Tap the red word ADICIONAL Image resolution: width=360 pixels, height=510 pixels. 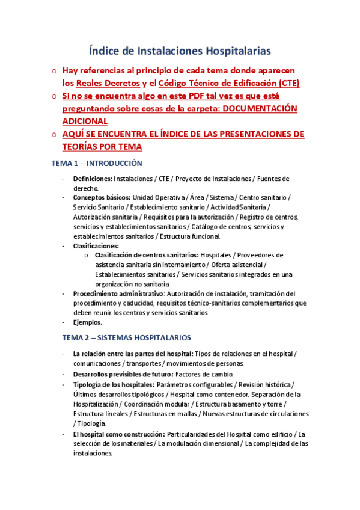click(x=85, y=120)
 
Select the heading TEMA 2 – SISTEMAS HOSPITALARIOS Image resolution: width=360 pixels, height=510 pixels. click(x=129, y=337)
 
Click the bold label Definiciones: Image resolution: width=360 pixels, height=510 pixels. click(x=93, y=179)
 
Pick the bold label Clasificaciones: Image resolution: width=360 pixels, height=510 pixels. click(x=96, y=245)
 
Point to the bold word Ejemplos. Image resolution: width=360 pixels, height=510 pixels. click(x=87, y=322)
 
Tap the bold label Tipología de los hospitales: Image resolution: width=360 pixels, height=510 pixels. click(x=114, y=384)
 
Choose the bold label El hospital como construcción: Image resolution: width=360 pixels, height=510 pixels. click(x=118, y=434)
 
